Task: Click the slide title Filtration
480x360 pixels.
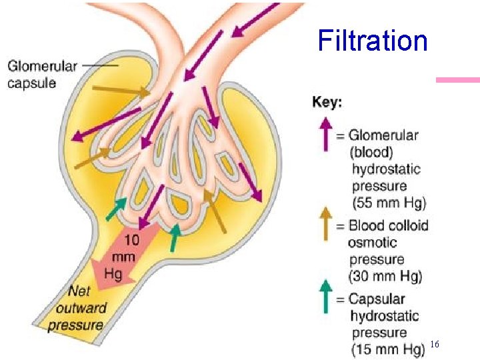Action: point(373,40)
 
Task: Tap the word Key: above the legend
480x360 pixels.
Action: point(327,103)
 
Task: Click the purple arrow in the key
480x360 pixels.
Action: point(325,134)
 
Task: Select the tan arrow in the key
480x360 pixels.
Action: point(325,222)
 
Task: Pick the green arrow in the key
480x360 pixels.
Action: point(325,296)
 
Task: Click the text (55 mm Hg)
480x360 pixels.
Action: point(389,203)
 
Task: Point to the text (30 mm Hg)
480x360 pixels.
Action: point(385,276)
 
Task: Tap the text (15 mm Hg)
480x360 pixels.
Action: point(388,349)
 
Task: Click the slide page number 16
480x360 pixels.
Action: point(435,344)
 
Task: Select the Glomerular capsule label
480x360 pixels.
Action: point(42,74)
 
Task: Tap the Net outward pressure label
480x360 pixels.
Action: point(79,308)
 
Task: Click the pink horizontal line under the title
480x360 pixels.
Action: point(457,80)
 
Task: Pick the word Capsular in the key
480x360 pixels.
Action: point(377,299)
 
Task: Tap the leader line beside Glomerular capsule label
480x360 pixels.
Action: point(105,65)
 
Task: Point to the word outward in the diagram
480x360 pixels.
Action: point(81,308)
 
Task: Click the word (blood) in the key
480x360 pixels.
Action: point(372,152)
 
